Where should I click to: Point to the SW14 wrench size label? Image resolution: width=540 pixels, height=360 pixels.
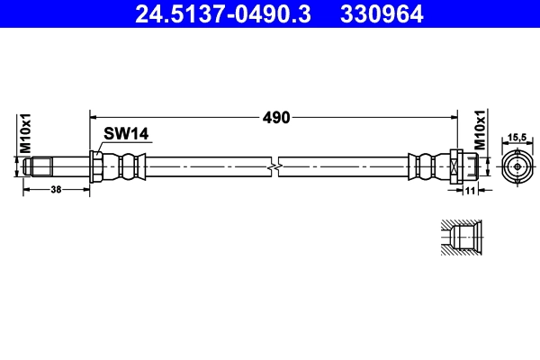125,133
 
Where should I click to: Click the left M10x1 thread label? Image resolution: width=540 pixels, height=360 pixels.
27,132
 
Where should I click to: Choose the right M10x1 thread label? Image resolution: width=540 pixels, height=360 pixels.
480,131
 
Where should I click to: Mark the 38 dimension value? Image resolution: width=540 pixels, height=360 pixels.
56,190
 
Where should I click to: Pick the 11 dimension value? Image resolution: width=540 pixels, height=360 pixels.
468,190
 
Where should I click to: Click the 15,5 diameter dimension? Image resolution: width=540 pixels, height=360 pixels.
517,137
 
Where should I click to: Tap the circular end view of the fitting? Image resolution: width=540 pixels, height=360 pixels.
517,166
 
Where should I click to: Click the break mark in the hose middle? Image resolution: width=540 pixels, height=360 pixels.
275,166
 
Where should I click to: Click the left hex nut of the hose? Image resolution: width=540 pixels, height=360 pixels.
96,166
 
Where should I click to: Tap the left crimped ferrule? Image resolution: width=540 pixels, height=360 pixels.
125,166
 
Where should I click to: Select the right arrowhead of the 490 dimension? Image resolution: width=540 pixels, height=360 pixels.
456,116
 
